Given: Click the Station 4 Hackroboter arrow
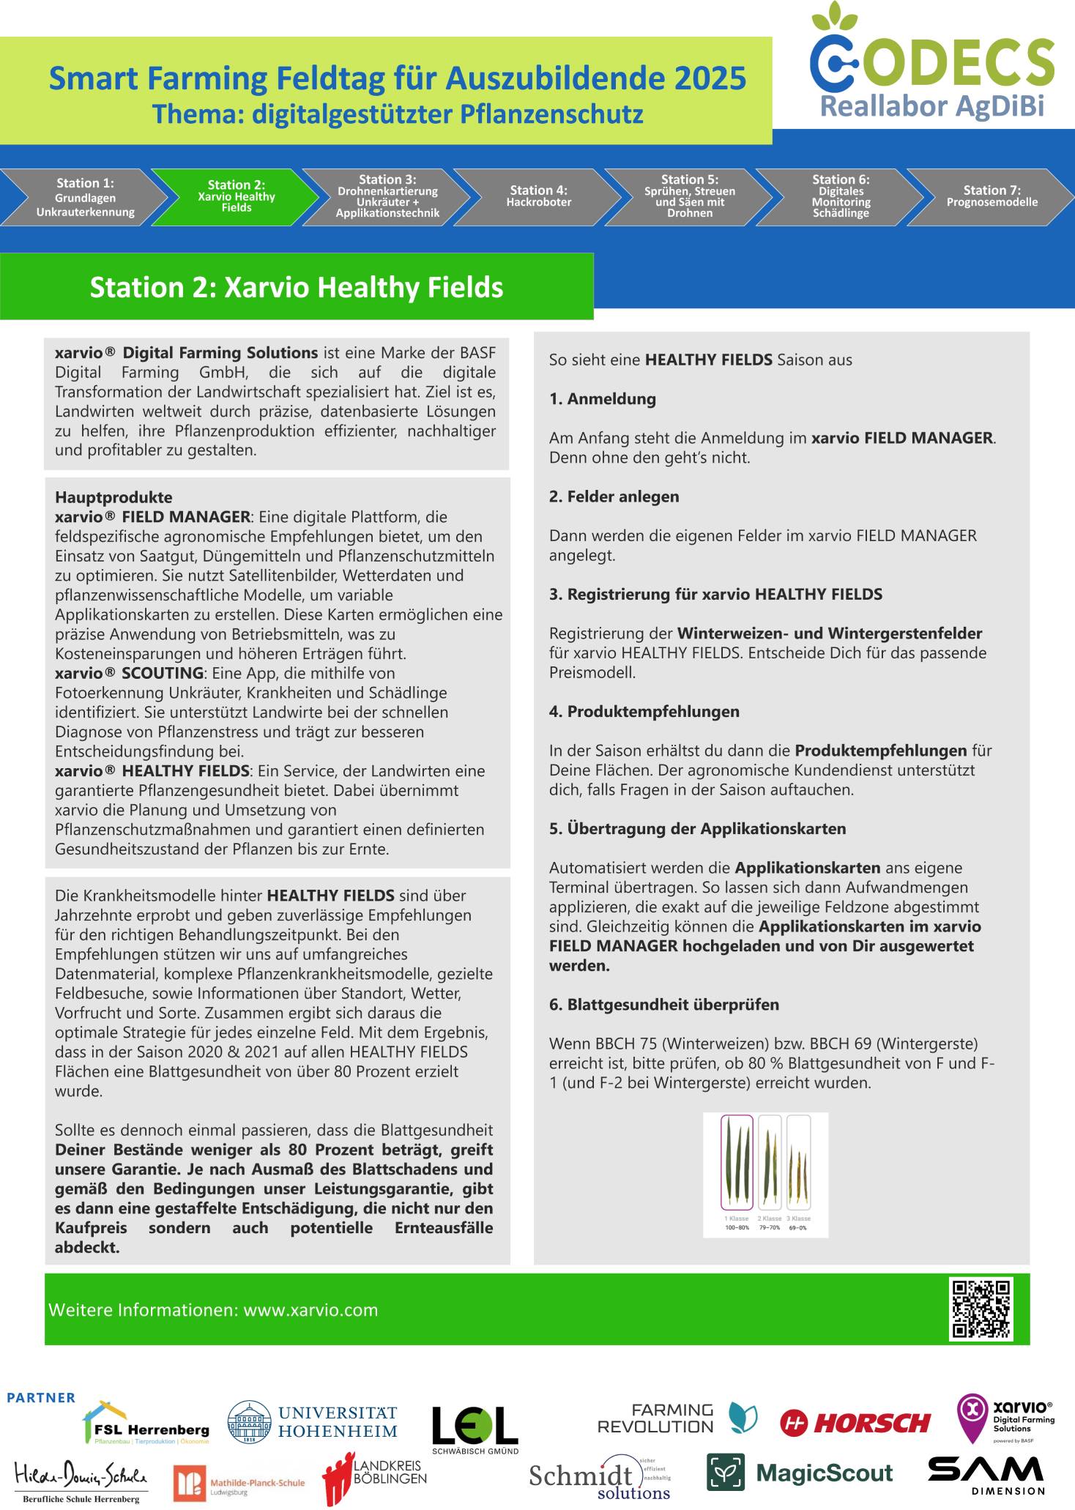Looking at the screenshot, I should (x=538, y=196).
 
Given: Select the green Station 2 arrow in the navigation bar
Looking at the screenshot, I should (x=236, y=196).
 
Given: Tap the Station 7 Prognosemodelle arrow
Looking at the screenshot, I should (x=992, y=196).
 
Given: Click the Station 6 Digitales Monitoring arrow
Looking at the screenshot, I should (x=841, y=196).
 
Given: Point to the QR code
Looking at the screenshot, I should (x=981, y=1309).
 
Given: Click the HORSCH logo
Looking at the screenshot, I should (x=855, y=1423).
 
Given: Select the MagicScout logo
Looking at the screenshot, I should (x=800, y=1473).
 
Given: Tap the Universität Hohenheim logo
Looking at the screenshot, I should (x=312, y=1423).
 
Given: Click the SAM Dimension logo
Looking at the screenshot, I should (x=986, y=1474).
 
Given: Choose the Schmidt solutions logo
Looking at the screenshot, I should (x=600, y=1479).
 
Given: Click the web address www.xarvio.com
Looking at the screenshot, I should (x=310, y=1310).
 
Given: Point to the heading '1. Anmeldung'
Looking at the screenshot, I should (x=602, y=399).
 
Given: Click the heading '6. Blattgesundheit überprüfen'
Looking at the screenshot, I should (x=663, y=1005).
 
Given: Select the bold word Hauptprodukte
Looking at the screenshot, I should (x=114, y=497).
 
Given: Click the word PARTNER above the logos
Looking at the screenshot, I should (x=41, y=1398).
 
